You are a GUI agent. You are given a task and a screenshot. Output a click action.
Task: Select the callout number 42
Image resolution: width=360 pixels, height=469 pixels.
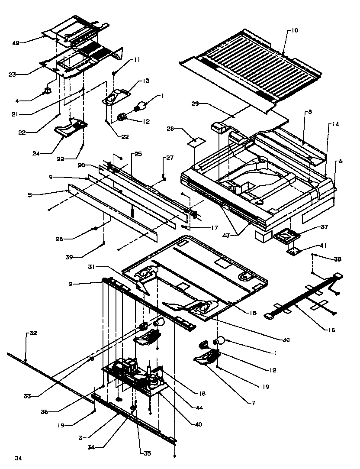click(16, 42)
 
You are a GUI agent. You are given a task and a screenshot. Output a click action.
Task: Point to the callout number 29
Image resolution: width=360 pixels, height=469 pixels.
click(195, 104)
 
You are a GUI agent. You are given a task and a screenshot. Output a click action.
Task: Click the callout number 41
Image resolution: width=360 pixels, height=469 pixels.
click(323, 246)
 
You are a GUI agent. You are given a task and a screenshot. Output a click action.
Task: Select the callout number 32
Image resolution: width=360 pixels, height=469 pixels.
click(33, 333)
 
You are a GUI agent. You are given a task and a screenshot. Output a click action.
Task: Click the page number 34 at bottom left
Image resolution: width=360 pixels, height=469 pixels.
click(18, 458)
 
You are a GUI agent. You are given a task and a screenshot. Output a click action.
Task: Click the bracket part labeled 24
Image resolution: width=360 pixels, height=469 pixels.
click(69, 128)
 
